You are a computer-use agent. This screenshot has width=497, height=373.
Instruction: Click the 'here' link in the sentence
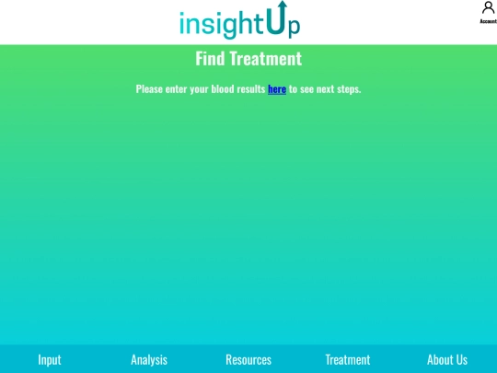click(x=277, y=89)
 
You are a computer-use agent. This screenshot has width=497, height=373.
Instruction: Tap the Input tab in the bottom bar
click(x=50, y=359)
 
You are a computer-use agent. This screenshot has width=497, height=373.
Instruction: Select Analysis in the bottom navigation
click(x=149, y=359)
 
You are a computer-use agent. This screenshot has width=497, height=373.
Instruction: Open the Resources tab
click(x=248, y=359)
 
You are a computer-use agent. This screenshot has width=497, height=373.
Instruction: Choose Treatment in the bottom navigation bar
click(x=348, y=359)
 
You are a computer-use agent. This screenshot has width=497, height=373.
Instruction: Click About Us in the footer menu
click(x=447, y=359)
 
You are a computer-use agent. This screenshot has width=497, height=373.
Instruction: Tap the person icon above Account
click(x=488, y=8)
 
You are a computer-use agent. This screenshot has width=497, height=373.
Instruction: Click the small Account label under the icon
click(x=488, y=21)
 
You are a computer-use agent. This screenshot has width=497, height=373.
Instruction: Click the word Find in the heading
click(x=210, y=59)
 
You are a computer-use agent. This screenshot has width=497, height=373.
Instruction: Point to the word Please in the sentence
click(x=149, y=89)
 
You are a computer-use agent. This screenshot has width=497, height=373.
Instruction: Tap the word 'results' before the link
click(x=250, y=89)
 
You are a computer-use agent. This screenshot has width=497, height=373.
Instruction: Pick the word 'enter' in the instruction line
click(x=177, y=89)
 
